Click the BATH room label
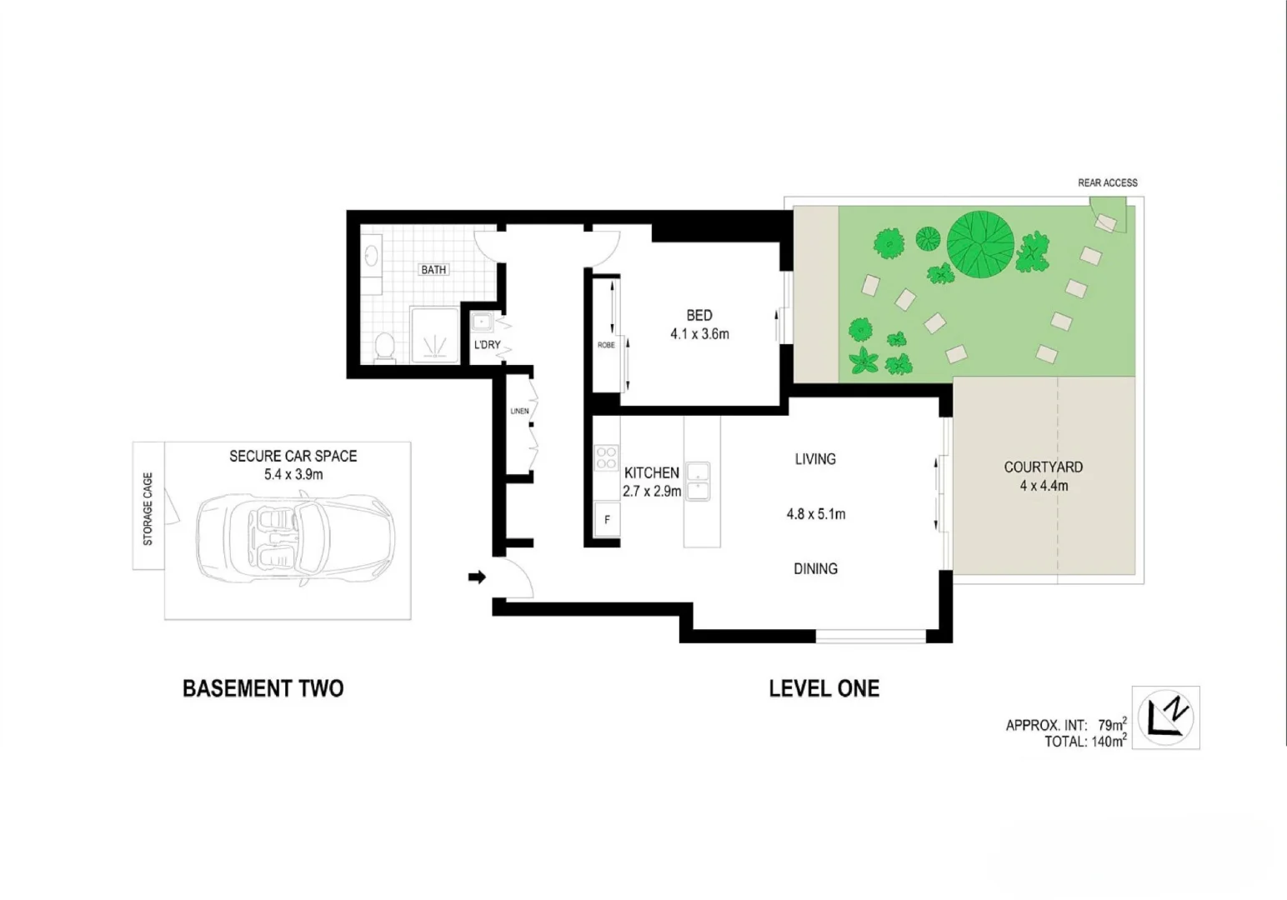pyautogui.click(x=433, y=270)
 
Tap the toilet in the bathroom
pyautogui.click(x=384, y=347)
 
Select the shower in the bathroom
pyautogui.click(x=433, y=335)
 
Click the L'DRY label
pyautogui.click(x=488, y=345)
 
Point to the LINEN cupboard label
pyautogui.click(x=519, y=411)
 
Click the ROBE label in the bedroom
pyautogui.click(x=606, y=345)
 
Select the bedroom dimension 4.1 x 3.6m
pyautogui.click(x=699, y=334)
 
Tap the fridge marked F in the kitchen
pyautogui.click(x=607, y=519)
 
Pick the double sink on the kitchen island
pyautogui.click(x=698, y=482)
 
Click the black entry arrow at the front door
pyautogui.click(x=477, y=577)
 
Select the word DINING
pyautogui.click(x=815, y=569)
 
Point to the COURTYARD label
pyautogui.click(x=1043, y=467)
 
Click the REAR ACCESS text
pyautogui.click(x=1107, y=182)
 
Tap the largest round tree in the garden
pyautogui.click(x=980, y=245)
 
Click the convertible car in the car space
pyautogui.click(x=293, y=531)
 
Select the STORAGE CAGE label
pyautogui.click(x=148, y=509)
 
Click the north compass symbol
pyautogui.click(x=1165, y=717)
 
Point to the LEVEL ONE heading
pyautogui.click(x=824, y=688)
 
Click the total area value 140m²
pyautogui.click(x=1109, y=742)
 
